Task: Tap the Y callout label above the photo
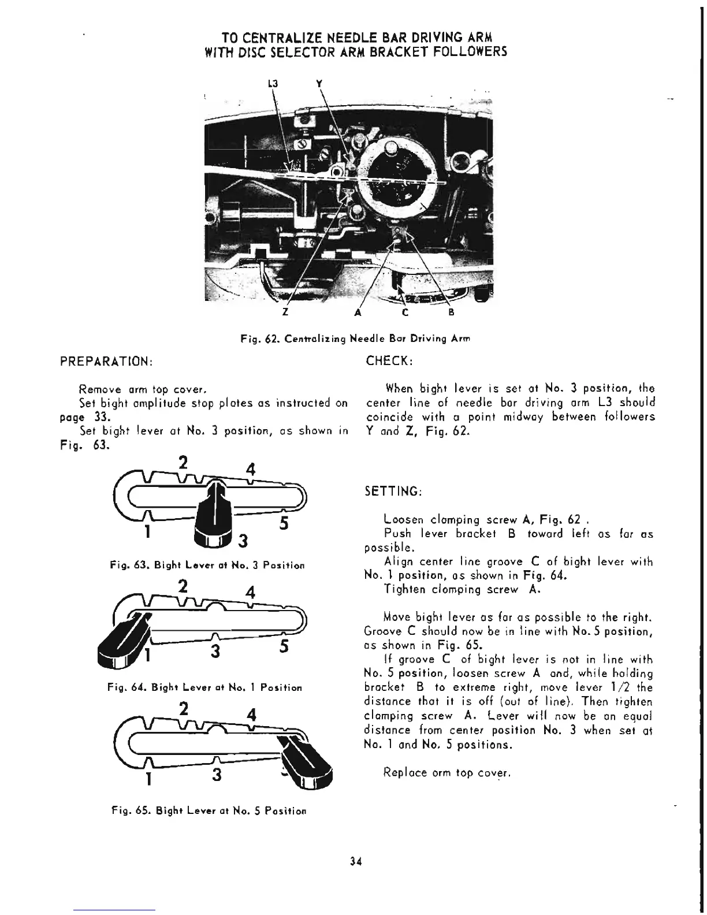click(319, 83)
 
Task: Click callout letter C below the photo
click(405, 313)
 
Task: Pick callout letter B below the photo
click(452, 313)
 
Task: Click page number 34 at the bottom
click(355, 862)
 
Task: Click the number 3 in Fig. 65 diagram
click(216, 775)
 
